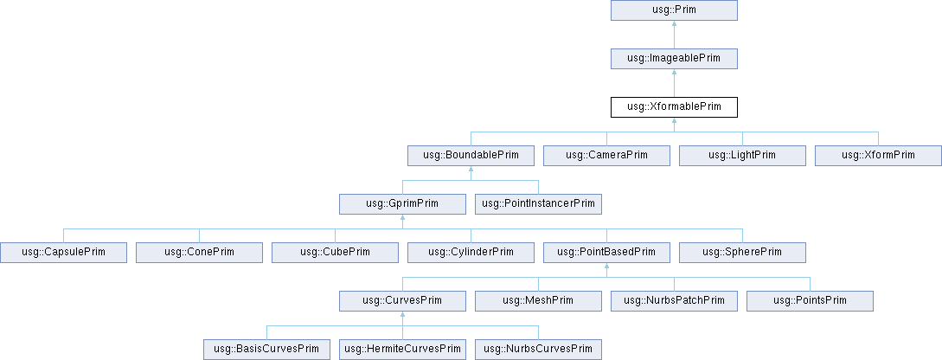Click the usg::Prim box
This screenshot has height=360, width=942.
click(x=674, y=10)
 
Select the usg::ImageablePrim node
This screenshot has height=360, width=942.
click(x=674, y=59)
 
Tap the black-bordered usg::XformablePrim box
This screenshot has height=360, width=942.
click(x=674, y=107)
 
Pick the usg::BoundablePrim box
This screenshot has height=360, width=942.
click(x=471, y=156)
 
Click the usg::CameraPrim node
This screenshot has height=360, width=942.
click(x=606, y=156)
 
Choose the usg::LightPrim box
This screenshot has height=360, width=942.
click(x=742, y=156)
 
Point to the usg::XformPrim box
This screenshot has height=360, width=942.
click(x=878, y=156)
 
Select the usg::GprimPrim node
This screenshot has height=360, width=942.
click(x=403, y=204)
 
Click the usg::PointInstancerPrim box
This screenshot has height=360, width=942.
click(x=538, y=204)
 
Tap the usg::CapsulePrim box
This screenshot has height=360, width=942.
click(x=64, y=253)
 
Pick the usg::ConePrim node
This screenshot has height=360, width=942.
click(x=200, y=253)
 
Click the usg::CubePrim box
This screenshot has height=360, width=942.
click(x=335, y=253)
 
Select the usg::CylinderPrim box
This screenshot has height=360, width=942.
click(x=471, y=253)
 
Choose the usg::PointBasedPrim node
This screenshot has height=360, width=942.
click(x=606, y=253)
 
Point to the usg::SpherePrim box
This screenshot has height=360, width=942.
click(x=742, y=253)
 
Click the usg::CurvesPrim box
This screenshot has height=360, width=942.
click(x=403, y=301)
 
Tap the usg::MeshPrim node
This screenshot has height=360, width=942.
click(x=538, y=301)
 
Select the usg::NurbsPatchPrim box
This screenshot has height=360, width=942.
click(x=674, y=301)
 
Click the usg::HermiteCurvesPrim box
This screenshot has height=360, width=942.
click(x=403, y=350)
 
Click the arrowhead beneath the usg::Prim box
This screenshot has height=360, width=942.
click(x=674, y=26)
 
